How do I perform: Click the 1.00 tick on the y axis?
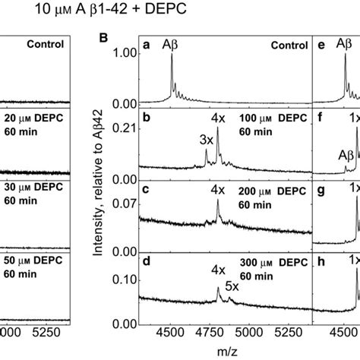[x=125, y=55]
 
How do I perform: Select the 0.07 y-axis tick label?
[x=125, y=202]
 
